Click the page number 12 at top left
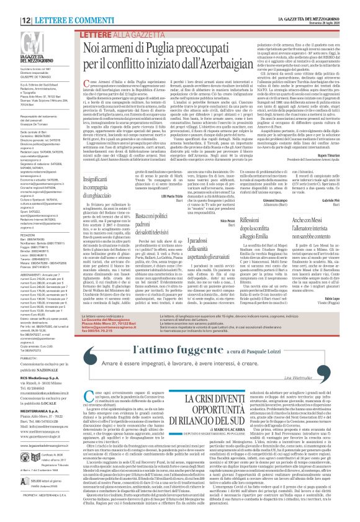(x=9, y=4)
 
